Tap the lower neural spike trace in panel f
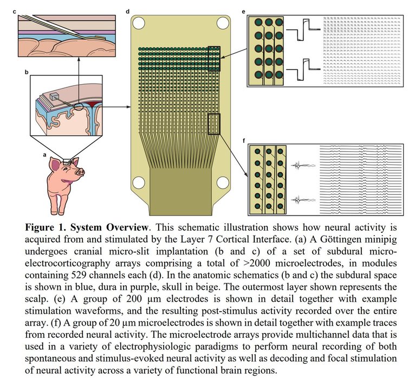coord(299,200)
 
